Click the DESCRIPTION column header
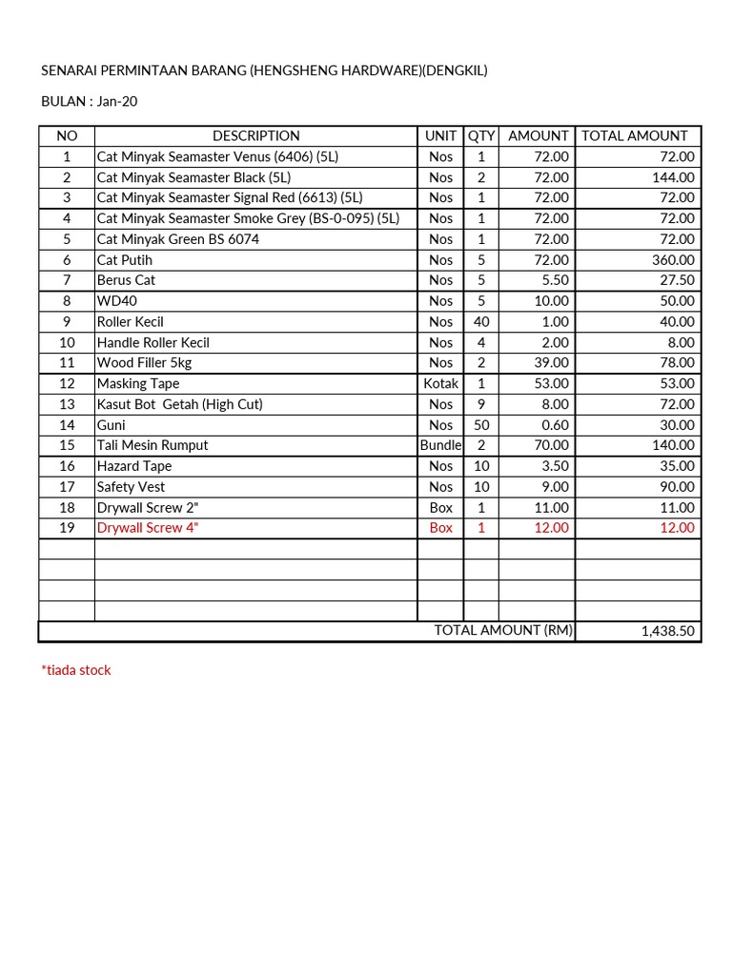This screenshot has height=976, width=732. click(x=255, y=136)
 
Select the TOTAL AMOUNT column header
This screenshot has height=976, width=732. click(x=634, y=136)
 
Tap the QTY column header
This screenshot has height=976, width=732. click(x=481, y=136)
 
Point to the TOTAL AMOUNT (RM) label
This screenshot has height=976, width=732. click(x=502, y=630)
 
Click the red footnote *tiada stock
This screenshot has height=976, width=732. click(x=76, y=670)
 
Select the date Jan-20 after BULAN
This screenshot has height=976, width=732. click(x=116, y=101)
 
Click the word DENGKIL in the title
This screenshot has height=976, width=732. click(x=453, y=71)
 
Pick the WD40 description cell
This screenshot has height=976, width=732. click(x=115, y=301)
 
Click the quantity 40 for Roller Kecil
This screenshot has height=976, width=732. click(x=481, y=322)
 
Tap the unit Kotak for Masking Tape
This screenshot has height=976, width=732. click(x=440, y=384)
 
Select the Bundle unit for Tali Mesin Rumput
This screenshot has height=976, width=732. click(x=440, y=446)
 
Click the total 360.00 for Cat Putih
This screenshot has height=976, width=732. click(x=673, y=260)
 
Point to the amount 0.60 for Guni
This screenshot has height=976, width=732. click(x=553, y=425)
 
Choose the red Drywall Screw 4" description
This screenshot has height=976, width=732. click(x=148, y=528)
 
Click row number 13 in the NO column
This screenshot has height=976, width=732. click(x=67, y=404)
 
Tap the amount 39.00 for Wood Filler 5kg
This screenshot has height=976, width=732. click(x=551, y=363)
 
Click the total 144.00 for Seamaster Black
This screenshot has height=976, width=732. click(x=673, y=177)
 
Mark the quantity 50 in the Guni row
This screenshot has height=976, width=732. click(x=481, y=425)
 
